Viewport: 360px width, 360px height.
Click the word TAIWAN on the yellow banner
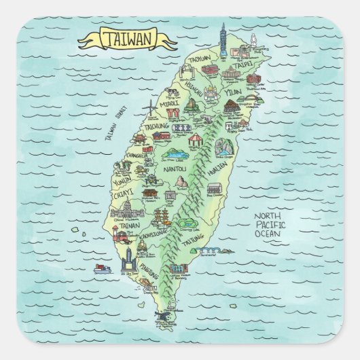[x=127, y=39]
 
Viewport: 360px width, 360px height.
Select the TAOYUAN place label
[x=200, y=59]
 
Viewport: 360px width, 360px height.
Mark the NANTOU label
[x=175, y=167]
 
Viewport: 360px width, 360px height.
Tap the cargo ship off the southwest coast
[x=103, y=268]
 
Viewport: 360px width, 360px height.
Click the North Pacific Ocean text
[x=270, y=225]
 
